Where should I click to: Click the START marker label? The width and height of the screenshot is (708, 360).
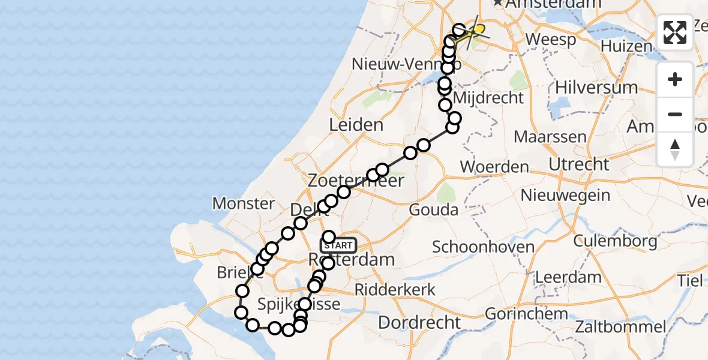(x=339, y=245)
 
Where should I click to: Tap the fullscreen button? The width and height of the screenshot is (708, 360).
(x=675, y=32)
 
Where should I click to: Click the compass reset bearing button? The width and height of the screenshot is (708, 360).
(x=675, y=149)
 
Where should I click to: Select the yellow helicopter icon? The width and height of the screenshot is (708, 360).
(x=477, y=29)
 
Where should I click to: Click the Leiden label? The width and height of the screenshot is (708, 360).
(x=356, y=125)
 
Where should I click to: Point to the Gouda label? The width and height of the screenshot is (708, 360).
(x=433, y=210)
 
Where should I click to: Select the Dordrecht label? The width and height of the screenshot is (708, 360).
(x=420, y=322)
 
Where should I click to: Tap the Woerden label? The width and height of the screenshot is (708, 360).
(x=494, y=167)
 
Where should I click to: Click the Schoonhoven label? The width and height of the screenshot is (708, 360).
(x=483, y=247)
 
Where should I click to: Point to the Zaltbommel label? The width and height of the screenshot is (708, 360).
(x=622, y=327)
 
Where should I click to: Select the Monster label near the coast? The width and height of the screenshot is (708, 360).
(x=244, y=203)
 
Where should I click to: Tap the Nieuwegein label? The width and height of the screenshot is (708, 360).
(x=566, y=195)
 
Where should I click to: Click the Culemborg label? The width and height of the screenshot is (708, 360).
(x=615, y=241)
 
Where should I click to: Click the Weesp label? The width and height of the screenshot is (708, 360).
(x=550, y=40)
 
